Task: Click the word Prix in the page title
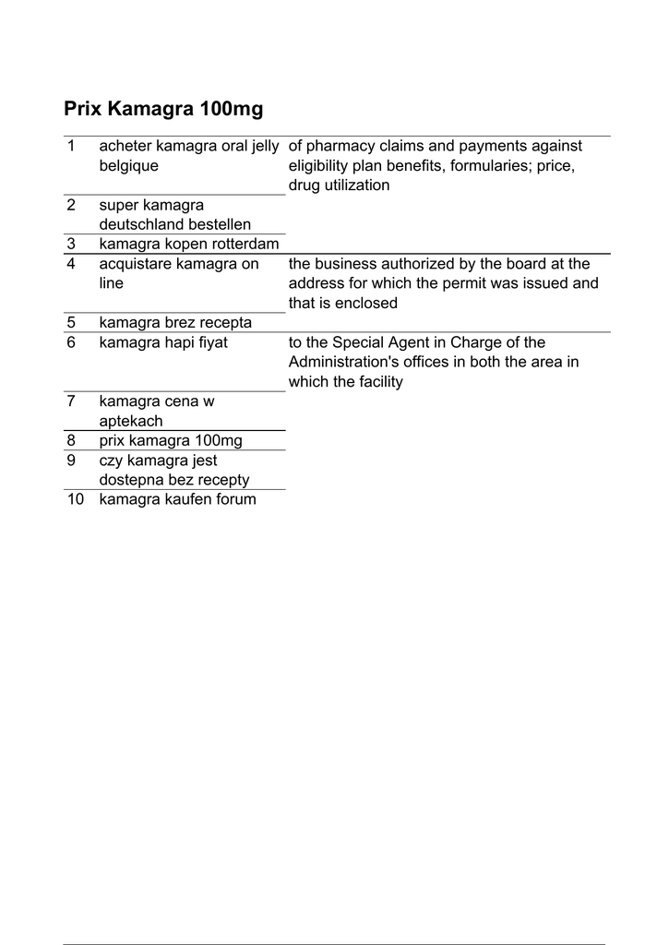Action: pos(83,110)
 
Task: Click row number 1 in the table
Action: pos(71,146)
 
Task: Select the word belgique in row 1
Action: pos(128,166)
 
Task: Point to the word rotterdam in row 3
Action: pos(246,244)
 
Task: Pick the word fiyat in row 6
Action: pos(209,342)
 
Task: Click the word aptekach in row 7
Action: pos(131,421)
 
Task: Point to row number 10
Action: pos(75,499)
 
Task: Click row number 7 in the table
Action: pos(71,401)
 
